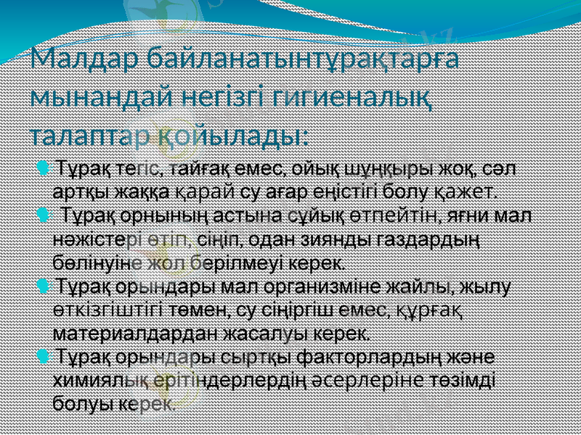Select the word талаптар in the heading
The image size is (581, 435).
91,135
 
